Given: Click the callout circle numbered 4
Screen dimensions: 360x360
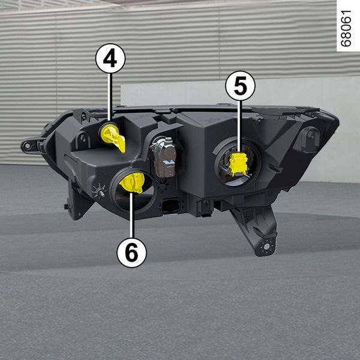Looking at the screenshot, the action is point(110,58).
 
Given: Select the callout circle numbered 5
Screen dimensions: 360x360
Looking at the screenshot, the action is point(240,85).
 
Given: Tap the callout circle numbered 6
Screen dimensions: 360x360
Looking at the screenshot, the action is point(131,253).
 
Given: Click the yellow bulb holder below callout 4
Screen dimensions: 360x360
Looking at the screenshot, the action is point(113,137).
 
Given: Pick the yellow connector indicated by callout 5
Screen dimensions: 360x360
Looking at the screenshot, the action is point(239,164).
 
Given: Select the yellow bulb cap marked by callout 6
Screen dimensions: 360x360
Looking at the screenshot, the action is point(133,182).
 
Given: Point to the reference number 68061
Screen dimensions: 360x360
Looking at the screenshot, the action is point(346,28).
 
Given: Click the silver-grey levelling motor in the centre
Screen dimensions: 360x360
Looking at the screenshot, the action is point(164,157).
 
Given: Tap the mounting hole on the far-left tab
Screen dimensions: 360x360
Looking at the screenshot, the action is point(28,145).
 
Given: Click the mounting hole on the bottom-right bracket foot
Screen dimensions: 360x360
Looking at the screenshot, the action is point(266,247).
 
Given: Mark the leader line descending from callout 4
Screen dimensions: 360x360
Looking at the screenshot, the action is point(109,97).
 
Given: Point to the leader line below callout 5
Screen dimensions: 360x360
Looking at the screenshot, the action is point(239,127).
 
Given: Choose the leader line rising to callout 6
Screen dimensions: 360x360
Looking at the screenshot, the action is point(131,215).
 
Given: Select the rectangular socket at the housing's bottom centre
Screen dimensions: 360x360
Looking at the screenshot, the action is point(172,205).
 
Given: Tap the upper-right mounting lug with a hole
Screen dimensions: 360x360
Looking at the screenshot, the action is point(310,138).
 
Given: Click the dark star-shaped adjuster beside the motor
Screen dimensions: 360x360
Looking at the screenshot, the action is point(163,185).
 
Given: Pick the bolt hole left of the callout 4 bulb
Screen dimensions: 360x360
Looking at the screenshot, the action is point(83,138).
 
